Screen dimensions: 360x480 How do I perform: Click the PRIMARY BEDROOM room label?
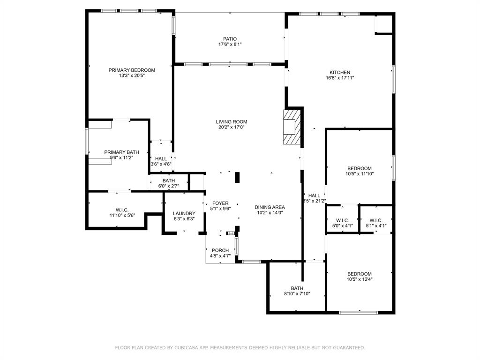[132, 70]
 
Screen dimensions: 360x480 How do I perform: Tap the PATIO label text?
[230, 39]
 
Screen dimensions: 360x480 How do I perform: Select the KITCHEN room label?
[339, 73]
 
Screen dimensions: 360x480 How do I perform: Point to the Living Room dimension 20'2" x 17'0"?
[232, 127]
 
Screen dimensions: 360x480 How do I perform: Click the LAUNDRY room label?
[184, 213]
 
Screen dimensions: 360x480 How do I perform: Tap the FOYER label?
[220, 203]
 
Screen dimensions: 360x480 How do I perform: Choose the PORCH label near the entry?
[220, 250]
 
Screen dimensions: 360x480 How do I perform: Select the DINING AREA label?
[270, 207]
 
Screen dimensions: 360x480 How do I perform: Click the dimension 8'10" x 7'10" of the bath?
[297, 294]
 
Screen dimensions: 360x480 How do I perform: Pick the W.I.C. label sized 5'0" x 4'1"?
[342, 220]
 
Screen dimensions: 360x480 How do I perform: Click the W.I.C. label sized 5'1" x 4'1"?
[376, 220]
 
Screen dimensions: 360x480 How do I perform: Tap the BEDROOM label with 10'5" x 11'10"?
[359, 169]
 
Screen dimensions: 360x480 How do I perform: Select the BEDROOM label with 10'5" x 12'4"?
[359, 274]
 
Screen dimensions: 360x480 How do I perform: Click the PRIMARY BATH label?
[121, 152]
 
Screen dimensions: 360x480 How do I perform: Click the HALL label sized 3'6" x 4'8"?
[161, 159]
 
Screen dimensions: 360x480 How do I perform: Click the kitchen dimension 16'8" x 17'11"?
[339, 78]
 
